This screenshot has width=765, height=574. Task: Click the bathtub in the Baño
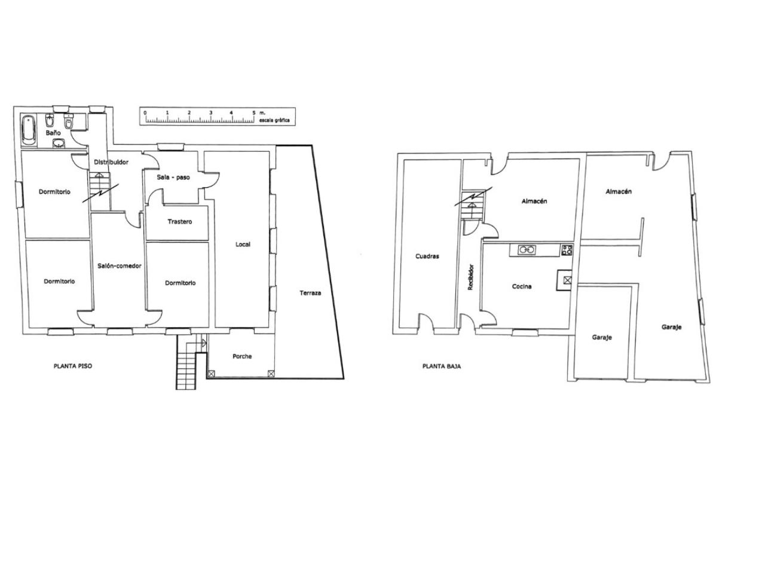(29, 131)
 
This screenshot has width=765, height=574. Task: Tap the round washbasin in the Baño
(59, 143)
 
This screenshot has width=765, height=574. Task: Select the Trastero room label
(179, 222)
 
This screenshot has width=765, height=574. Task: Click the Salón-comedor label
(119, 266)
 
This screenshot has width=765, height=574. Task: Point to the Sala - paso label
(173, 178)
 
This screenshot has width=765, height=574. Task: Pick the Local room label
(243, 245)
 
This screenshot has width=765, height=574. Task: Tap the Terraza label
(310, 293)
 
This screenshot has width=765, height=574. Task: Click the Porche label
(242, 356)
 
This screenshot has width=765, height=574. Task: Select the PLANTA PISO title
(73, 367)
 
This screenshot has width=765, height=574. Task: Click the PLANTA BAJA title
(441, 367)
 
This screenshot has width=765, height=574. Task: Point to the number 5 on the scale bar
(254, 113)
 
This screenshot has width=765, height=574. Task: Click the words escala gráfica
(275, 120)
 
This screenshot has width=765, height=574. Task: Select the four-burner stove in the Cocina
(567, 250)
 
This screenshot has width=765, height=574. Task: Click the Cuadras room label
(427, 256)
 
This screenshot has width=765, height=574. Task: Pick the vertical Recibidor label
(470, 277)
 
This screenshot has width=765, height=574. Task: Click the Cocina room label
(521, 286)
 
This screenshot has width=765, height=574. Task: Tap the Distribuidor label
(111, 162)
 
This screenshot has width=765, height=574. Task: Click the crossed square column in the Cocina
(567, 280)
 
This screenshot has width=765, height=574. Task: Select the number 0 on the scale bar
(145, 113)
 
